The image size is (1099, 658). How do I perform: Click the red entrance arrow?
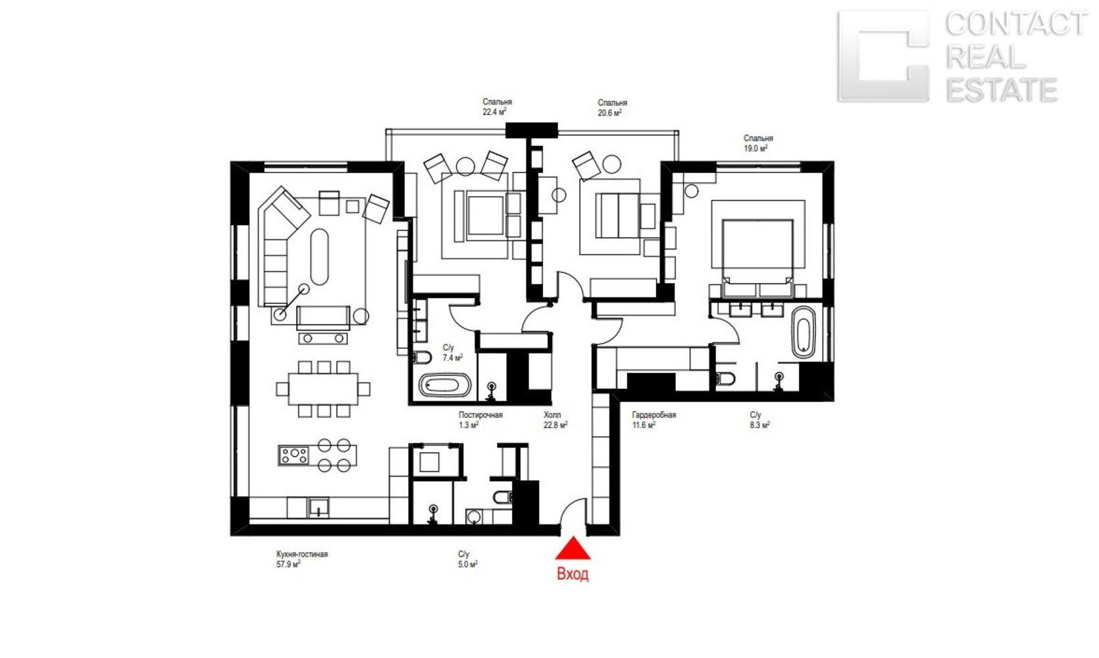573,549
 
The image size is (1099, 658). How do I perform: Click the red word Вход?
573,574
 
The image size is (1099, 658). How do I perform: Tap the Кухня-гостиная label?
302,554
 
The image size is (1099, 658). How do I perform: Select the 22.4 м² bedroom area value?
494,112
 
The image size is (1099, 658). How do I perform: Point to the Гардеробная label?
654,415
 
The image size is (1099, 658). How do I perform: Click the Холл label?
552,415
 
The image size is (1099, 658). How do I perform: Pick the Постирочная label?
480,415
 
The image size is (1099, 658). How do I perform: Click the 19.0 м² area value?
755,148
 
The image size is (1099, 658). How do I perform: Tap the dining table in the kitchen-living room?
323,389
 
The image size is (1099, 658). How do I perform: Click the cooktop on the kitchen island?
294,455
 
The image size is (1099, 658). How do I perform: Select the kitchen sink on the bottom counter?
319,508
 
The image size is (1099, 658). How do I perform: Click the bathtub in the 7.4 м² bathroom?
444,385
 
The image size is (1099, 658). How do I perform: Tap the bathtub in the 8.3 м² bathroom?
804,332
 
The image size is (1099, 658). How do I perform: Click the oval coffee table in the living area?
319,257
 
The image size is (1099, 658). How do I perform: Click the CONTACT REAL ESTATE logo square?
884,56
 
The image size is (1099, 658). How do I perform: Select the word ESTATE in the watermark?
1002,89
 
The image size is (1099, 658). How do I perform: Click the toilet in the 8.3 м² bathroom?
726,379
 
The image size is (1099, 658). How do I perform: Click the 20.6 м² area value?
609,113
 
